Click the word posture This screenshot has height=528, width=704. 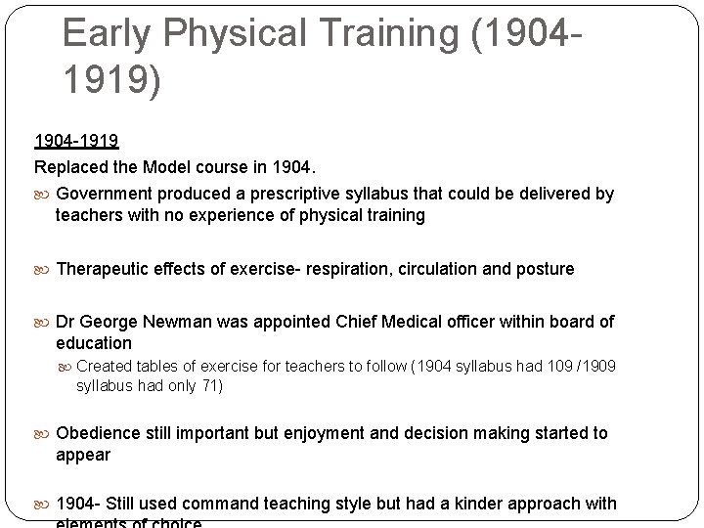(x=544, y=268)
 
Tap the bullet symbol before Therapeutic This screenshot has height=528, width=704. (x=45, y=269)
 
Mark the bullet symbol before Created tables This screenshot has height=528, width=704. (x=66, y=367)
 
